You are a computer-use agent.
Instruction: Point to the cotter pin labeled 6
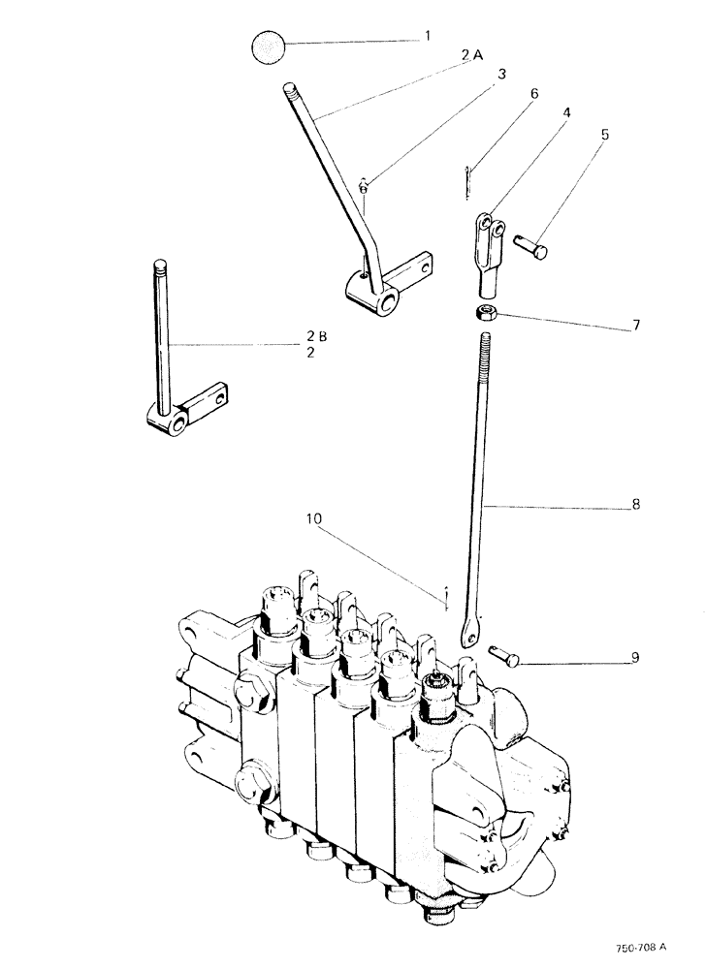tap(467, 180)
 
